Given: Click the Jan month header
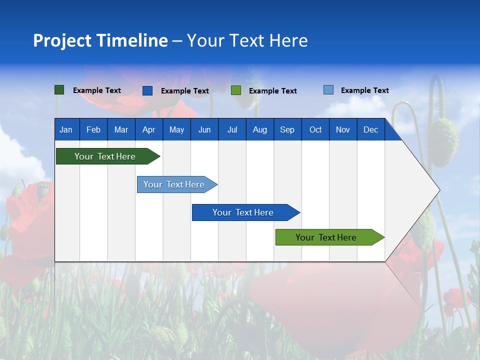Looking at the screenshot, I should [x=66, y=129].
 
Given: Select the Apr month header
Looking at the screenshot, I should [x=148, y=129].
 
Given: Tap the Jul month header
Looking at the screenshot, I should [x=232, y=129].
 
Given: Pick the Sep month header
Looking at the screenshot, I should [x=287, y=129].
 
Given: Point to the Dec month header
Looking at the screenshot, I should [x=370, y=129].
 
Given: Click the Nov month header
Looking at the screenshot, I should [x=342, y=129].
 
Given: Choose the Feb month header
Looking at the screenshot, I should [x=93, y=129].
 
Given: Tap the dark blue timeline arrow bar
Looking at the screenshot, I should [x=243, y=212].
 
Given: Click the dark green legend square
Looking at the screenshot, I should [x=59, y=90].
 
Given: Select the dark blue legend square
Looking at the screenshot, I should [x=147, y=90].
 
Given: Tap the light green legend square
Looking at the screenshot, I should [x=236, y=90].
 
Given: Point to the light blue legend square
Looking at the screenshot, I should [x=328, y=90].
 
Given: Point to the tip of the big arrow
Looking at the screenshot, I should [x=438, y=190].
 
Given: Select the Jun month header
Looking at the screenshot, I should [x=204, y=129].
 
